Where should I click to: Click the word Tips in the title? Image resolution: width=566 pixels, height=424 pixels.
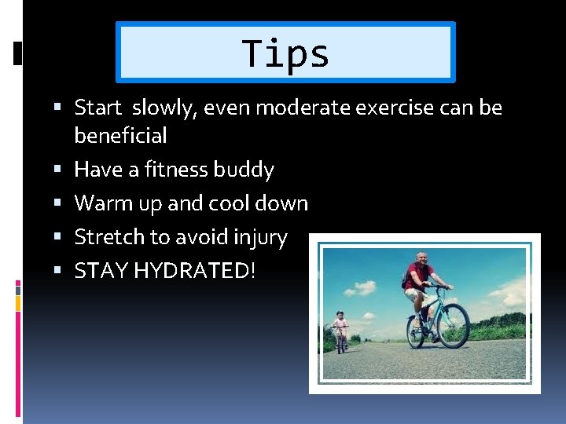point(285,53)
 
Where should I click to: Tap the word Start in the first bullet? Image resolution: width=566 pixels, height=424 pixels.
point(98,108)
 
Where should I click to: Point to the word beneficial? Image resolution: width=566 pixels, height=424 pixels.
point(120,136)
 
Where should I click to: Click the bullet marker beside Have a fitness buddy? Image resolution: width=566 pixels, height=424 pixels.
point(62,170)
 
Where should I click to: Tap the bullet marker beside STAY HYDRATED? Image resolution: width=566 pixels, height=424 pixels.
point(62,271)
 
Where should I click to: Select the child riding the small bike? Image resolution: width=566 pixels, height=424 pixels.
point(340,329)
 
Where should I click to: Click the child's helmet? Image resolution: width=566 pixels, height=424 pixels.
point(340,313)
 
